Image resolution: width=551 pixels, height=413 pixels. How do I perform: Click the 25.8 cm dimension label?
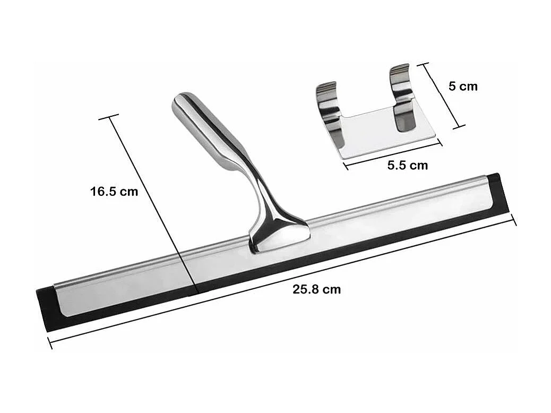coord(316,289)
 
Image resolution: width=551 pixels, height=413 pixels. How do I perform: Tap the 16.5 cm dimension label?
coord(114,191)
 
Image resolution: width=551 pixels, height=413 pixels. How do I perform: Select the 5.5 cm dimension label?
coord(407,165)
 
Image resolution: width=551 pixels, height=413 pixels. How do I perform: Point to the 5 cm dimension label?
coord(463,86)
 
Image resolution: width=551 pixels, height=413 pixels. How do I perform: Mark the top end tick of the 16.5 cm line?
coord(109,117)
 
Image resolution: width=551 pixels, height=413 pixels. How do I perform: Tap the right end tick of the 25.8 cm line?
coord(513,219)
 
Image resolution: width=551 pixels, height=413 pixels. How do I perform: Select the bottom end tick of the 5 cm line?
coord(459,127)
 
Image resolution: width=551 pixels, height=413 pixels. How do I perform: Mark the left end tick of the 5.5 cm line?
coord(346,166)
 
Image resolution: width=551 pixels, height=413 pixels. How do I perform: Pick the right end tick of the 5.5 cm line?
coord(440,142)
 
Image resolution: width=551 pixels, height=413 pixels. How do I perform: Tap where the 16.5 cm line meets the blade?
coord(196,291)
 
